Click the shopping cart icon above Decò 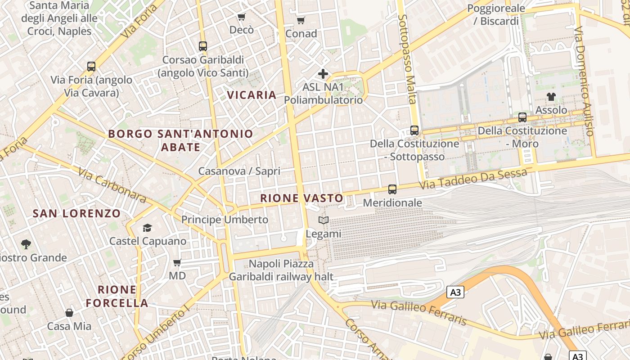[242, 17]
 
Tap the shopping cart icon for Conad [301, 20]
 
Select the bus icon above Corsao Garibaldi [203, 46]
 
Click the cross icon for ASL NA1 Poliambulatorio [323, 74]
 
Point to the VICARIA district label [252, 95]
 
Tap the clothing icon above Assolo [551, 96]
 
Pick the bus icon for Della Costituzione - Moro [522, 117]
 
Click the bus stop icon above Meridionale [392, 189]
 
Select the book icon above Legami [324, 220]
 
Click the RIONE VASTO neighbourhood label [301, 198]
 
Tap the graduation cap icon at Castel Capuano [147, 228]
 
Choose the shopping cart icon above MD [177, 262]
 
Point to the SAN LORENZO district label [76, 214]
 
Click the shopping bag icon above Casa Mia [69, 313]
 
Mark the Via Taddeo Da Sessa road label [473, 179]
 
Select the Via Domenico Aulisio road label [585, 81]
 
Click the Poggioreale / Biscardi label [496, 14]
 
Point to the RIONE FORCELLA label [117, 296]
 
